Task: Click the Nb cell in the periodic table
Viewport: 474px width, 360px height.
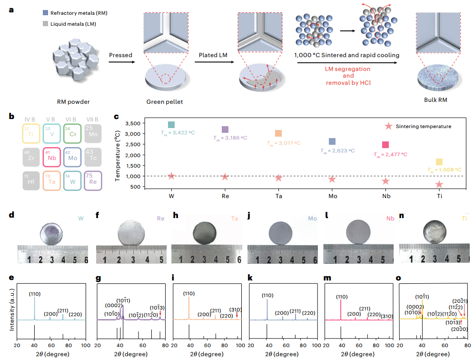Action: [53, 157]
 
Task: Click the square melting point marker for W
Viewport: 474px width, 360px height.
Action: [171, 125]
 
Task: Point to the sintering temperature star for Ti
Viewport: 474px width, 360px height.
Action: [439, 184]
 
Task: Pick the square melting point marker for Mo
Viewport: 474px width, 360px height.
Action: [332, 141]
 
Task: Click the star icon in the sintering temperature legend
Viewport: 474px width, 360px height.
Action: [389, 126]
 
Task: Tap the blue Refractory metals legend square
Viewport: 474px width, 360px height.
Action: [44, 14]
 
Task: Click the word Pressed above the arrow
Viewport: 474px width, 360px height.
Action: [120, 55]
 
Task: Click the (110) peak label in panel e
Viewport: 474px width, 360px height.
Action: [34, 294]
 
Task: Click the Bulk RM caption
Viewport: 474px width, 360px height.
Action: [436, 100]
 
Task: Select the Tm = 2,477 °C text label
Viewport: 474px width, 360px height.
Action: [390, 154]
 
